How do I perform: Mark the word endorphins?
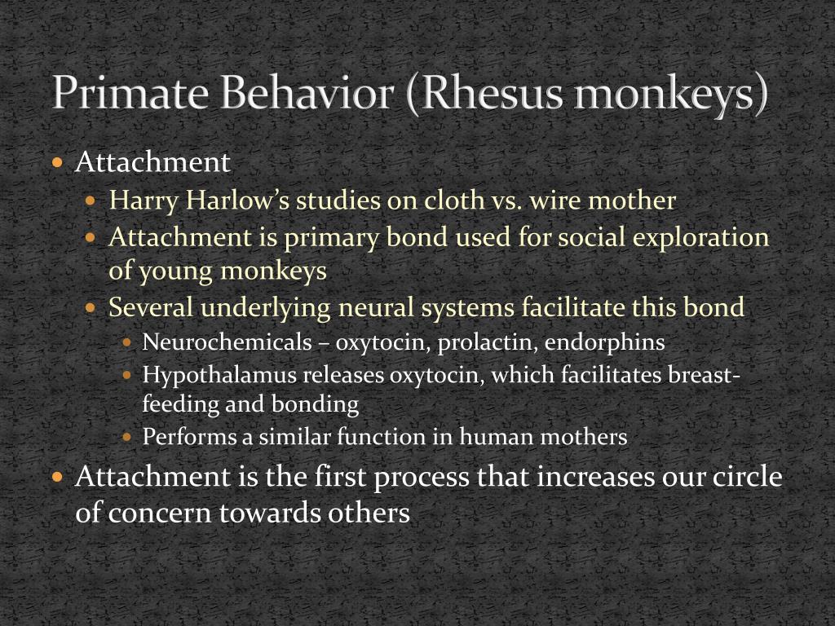[x=605, y=342]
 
